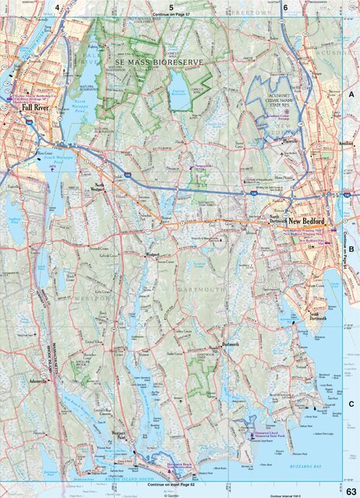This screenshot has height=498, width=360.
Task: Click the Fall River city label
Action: pos(35,108)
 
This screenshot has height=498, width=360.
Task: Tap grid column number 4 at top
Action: pos(57,6)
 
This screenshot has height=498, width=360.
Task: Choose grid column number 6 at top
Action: pos(285,6)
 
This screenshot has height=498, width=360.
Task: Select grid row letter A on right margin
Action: pos(351,94)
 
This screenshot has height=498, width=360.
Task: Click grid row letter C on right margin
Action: pos(351,404)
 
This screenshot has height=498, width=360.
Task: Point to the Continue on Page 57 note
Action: pos(171,15)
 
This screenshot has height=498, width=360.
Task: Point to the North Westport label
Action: pos(98,188)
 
